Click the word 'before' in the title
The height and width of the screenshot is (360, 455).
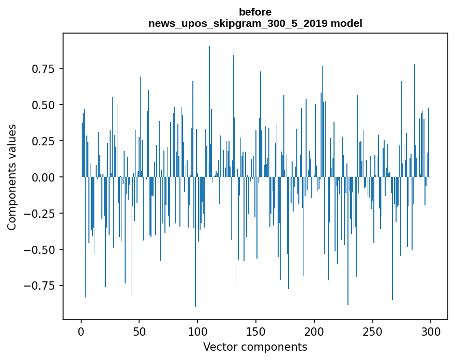[255, 12]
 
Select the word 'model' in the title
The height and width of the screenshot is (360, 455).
[348, 23]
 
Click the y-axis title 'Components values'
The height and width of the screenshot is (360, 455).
[12, 177]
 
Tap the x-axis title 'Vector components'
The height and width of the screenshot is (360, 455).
[255, 347]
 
